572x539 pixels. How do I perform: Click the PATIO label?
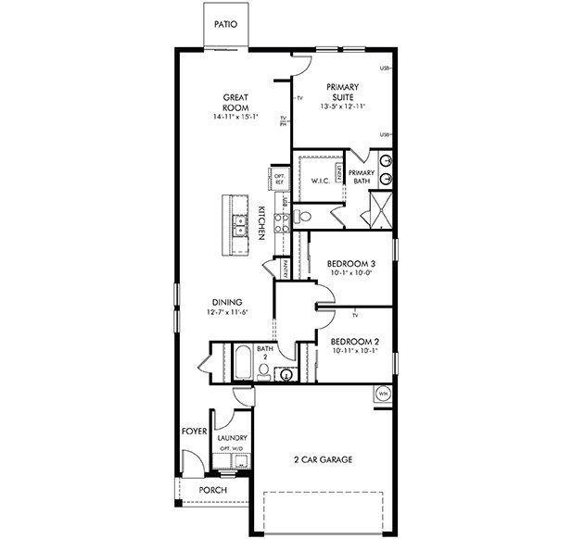(226, 25)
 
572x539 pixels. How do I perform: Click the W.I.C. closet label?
(322, 181)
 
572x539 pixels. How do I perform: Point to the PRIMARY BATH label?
(362, 176)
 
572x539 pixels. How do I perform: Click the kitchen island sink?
(239, 223)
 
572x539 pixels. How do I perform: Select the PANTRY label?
(286, 268)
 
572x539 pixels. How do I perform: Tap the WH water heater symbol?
(382, 395)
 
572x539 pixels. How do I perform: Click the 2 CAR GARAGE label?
(323, 459)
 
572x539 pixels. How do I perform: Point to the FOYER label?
(193, 432)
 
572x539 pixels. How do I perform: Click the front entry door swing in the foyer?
(192, 461)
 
